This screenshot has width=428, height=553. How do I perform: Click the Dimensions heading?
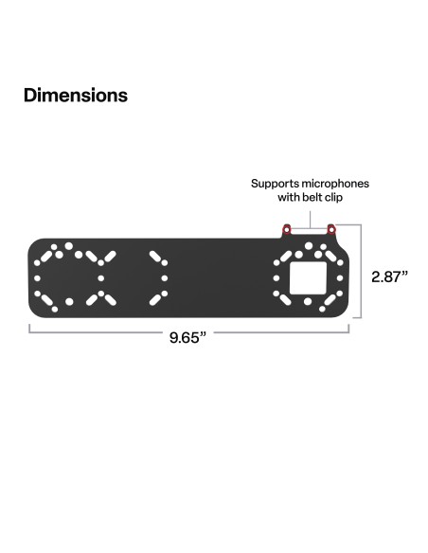tap(75, 96)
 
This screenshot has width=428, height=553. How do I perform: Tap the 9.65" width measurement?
tap(187, 339)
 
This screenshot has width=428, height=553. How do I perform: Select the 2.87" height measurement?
tap(389, 276)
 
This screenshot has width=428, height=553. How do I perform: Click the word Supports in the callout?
tap(275, 184)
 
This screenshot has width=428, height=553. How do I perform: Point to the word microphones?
tap(335, 184)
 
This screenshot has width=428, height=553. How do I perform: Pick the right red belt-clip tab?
tap(330, 231)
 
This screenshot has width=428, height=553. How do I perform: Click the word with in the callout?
tap(288, 199)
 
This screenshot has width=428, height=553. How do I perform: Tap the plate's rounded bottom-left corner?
tap(35, 311)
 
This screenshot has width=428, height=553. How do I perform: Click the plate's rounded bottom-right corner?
tap(343, 311)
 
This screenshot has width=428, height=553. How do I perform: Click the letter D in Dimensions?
tap(30, 96)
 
